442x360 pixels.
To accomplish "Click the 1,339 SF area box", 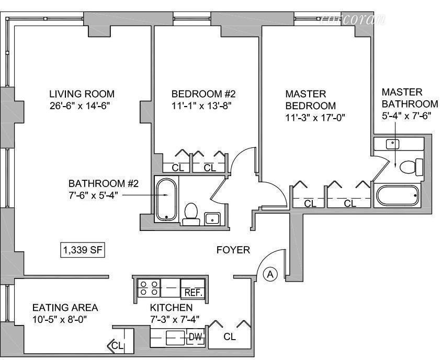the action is coord(83,250).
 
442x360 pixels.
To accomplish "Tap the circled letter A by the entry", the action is coord(270,274).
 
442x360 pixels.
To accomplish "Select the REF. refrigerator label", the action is coord(194,293).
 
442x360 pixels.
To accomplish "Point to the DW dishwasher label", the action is coord(195,337).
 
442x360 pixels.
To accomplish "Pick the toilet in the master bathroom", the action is coord(412,167).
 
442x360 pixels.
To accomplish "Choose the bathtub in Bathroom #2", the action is coord(166,199).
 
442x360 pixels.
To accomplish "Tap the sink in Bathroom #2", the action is coord(212,218).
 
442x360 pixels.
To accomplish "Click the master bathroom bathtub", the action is coord(398,195).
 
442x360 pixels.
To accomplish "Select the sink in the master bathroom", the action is coord(392,144).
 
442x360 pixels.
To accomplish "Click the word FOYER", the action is coord(233,250).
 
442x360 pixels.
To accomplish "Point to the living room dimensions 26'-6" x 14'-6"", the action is coord(79,106).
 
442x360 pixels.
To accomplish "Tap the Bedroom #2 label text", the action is coord(203,94).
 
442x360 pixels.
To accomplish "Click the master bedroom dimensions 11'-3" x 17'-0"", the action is coord(315,118).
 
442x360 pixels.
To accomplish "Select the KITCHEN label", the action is coord(171,307).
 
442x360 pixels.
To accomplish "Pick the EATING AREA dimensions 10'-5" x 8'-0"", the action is coord(59,320).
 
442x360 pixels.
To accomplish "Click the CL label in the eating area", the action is coord(117,345).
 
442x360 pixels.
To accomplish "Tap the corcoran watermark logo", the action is coord(353,19).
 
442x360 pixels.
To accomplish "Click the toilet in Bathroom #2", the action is coord(191,214).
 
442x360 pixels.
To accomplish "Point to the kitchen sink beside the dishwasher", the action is coord(175,338).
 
